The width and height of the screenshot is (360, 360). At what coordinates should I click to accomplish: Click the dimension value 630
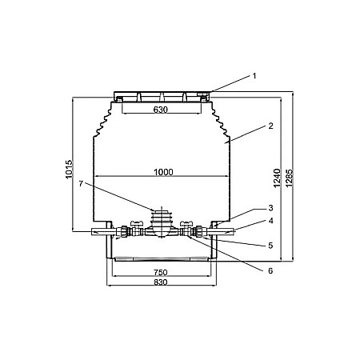(x=160, y=110)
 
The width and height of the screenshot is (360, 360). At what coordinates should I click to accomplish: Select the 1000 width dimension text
(x=162, y=171)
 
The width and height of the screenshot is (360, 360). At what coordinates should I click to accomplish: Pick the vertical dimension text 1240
(x=277, y=181)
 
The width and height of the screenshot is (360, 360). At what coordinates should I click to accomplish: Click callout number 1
(x=254, y=76)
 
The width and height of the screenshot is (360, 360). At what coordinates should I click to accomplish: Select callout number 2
(x=270, y=126)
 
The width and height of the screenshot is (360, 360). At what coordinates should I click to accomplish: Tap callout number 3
(x=270, y=208)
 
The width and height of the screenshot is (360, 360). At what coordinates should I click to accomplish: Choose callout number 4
(x=270, y=221)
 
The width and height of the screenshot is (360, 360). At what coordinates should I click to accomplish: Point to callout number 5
(x=270, y=245)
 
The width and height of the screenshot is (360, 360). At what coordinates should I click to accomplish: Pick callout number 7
(x=81, y=184)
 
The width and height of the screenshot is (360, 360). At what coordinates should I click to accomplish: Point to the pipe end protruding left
(x=98, y=233)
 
